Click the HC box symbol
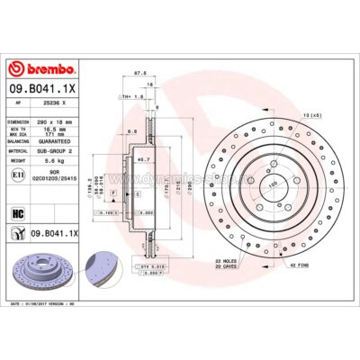(x=18, y=213)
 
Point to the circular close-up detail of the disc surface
(x=101, y=266)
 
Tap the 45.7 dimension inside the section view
(x=140, y=160)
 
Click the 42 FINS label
(x=299, y=266)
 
